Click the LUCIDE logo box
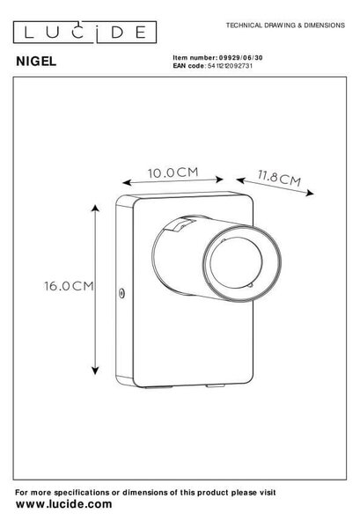(x=84, y=33)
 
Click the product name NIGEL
(x=36, y=62)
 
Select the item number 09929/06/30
(x=241, y=57)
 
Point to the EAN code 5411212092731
(x=230, y=66)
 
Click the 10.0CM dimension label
(x=173, y=172)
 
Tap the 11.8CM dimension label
(x=279, y=178)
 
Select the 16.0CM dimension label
(x=69, y=286)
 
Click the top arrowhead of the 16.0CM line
(x=95, y=208)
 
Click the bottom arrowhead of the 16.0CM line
(x=95, y=370)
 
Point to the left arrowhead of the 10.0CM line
(x=126, y=182)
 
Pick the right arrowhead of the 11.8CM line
(x=310, y=193)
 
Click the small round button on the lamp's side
(x=121, y=293)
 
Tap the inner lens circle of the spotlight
(x=235, y=262)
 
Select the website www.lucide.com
(x=63, y=504)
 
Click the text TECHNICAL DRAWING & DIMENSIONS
(x=285, y=26)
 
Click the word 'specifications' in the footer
(x=82, y=493)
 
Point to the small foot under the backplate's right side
(x=216, y=385)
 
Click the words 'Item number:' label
(x=195, y=57)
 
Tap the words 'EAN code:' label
(x=189, y=66)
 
